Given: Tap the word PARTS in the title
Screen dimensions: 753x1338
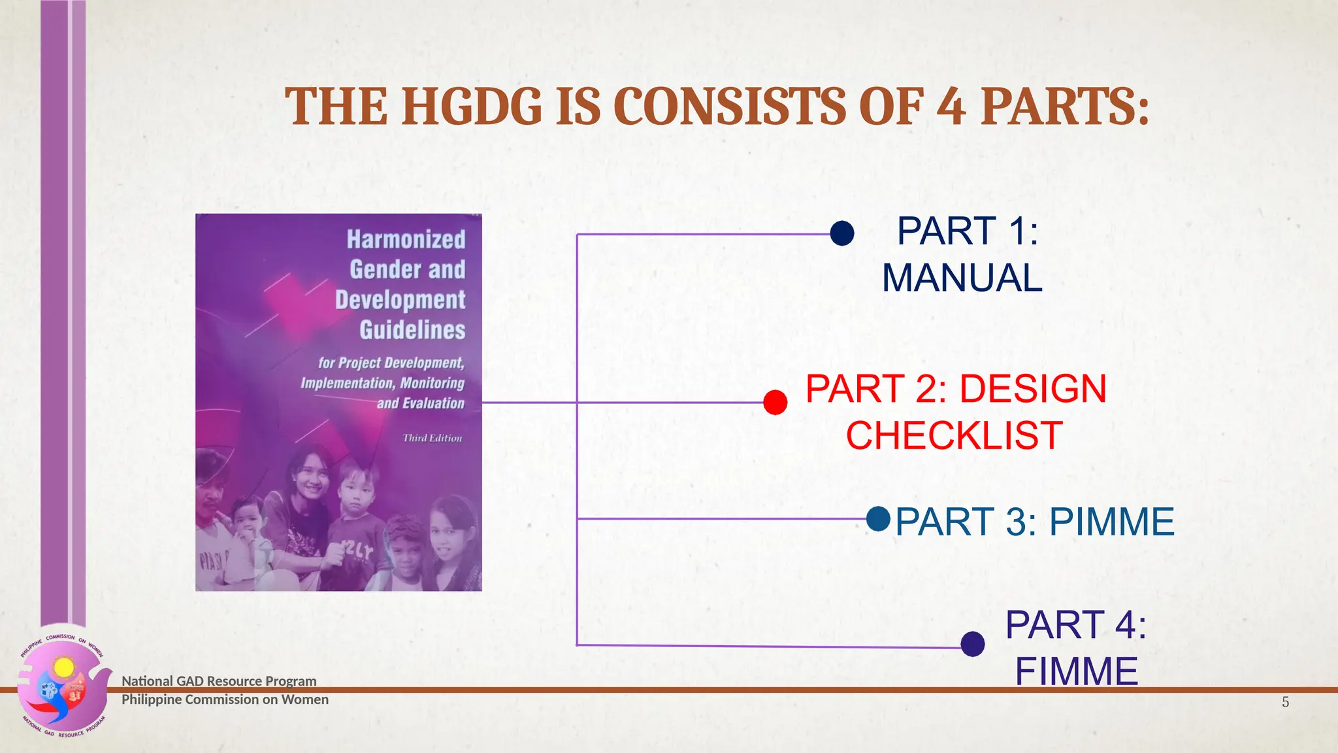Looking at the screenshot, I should (1064, 107).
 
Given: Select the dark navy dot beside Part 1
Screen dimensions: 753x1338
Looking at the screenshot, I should (842, 233).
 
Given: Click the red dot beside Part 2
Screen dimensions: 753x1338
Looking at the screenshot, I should (775, 402).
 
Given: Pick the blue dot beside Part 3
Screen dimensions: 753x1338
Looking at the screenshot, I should (879, 519).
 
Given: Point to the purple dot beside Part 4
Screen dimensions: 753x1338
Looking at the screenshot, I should (973, 644).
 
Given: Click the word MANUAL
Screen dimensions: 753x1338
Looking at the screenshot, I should (962, 278).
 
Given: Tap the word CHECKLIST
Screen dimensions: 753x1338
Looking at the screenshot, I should (954, 435).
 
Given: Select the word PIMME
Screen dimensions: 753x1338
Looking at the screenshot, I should (1111, 522).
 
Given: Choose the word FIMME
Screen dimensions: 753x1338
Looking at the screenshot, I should (1076, 671).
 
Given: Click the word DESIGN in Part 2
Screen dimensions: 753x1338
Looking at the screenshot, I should (1033, 389).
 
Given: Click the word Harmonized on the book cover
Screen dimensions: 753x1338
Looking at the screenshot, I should (406, 239).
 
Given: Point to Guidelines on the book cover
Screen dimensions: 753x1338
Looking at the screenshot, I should (412, 329).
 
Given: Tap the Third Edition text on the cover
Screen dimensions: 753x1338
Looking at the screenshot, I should (432, 438).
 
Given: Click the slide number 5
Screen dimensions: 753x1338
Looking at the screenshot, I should (1285, 702).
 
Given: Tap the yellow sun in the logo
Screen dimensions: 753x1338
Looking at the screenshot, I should (64, 667).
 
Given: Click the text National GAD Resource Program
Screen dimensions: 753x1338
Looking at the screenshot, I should (219, 681).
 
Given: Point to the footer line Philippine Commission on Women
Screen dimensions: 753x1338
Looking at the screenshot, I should (225, 699).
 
